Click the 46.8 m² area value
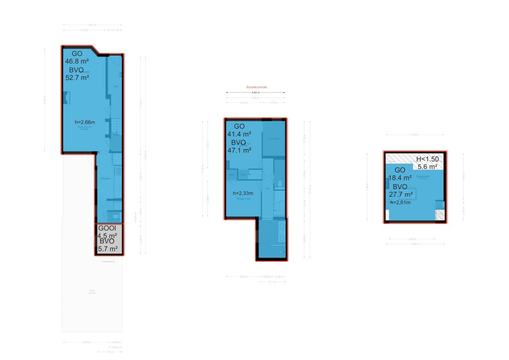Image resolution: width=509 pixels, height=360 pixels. click(x=77, y=62)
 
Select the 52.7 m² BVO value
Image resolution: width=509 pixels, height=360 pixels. click(x=77, y=78)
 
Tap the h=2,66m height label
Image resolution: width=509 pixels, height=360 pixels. click(x=85, y=122)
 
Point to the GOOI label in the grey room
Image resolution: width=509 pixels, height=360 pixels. click(x=107, y=229)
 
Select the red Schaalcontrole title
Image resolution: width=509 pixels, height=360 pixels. click(x=256, y=87)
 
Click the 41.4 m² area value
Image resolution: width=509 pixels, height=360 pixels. click(x=239, y=134)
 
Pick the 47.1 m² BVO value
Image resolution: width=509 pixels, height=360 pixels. click(x=239, y=150)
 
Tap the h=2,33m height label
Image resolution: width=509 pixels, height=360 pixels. click(x=244, y=193)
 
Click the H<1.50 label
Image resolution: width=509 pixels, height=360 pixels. click(x=427, y=159)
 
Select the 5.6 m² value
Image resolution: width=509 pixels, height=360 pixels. click(x=427, y=167)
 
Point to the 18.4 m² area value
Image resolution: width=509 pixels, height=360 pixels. click(x=400, y=178)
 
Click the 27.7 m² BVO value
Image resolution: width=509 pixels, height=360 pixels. click(x=401, y=194)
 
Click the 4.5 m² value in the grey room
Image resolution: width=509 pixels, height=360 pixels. click(x=107, y=236)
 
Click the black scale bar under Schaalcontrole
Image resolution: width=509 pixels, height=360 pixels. click(x=255, y=92)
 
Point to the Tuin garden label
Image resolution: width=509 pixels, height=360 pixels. click(x=91, y=291)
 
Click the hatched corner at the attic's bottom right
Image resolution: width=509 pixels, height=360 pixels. click(x=439, y=215)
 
